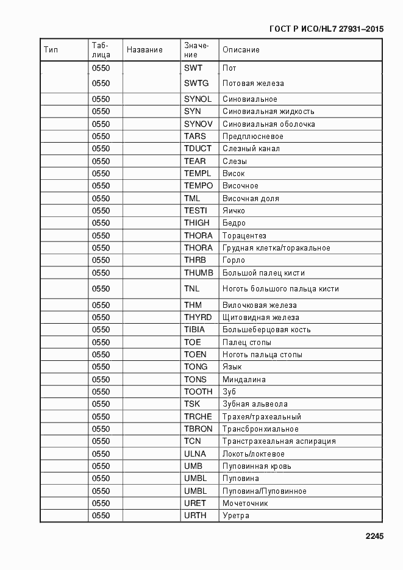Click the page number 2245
pos(374,537)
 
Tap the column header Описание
pos(241,50)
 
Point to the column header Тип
pos(51,50)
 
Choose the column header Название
pos(144,50)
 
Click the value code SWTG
pos(196,84)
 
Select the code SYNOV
pos(198,124)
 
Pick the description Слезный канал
pos(251,149)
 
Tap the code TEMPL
pos(197,174)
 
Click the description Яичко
pos(234,211)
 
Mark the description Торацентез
pos(244,236)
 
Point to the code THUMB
pos(198,273)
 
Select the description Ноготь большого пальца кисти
pos(280,289)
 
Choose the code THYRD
pos(198,318)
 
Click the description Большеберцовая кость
pos(266,330)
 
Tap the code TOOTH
pos(198,392)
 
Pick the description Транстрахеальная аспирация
pos(279,441)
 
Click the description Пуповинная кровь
pos(257,466)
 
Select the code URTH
pos(195,516)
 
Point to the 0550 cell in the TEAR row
pos(101,162)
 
